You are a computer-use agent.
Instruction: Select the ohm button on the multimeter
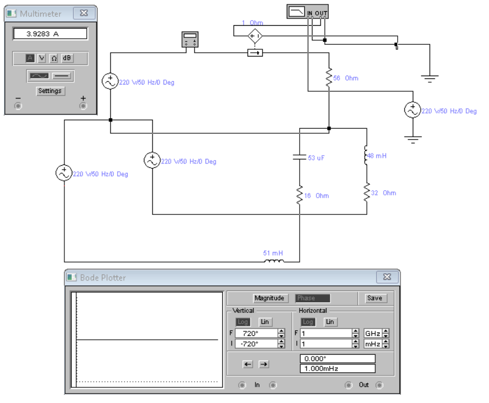[54, 58]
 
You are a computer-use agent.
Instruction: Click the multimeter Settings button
[50, 91]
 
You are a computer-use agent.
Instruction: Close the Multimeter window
[84, 13]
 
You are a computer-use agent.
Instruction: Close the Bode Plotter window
[387, 277]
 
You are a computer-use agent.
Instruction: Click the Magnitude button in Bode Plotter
[269, 298]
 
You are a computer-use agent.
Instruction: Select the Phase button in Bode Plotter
[312, 298]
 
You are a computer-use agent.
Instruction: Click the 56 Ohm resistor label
[346, 78]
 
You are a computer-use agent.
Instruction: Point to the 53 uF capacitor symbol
[299, 157]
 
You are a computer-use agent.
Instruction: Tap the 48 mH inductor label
[377, 156]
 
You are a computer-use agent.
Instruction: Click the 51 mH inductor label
[273, 253]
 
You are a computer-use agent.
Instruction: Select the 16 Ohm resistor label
[316, 196]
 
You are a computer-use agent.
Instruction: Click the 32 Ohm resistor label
[384, 193]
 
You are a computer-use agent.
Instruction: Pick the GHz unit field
[373, 334]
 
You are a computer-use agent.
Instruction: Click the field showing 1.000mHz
[337, 368]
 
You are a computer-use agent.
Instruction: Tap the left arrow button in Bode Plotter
[248, 364]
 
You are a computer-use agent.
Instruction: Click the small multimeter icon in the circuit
[190, 39]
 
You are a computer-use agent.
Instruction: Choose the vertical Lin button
[265, 322]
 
